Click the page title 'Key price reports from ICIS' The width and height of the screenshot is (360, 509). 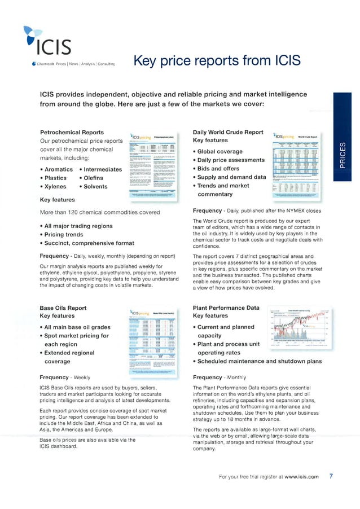216,60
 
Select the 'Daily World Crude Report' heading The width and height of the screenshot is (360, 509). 228,132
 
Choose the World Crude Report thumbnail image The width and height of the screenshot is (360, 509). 296,166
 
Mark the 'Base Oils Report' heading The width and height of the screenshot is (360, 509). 63,308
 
